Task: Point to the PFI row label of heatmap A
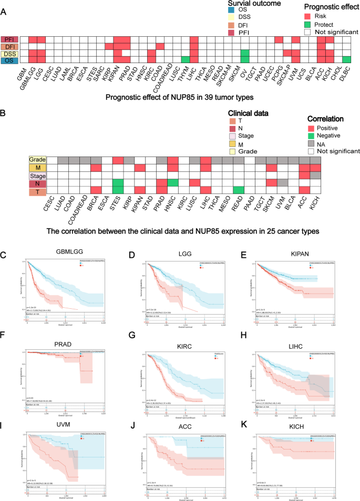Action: (9, 40)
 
